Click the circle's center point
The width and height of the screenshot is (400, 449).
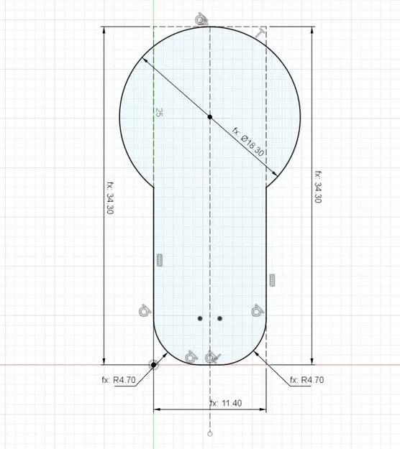pyautogui.click(x=209, y=116)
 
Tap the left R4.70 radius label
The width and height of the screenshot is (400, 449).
pyautogui.click(x=118, y=380)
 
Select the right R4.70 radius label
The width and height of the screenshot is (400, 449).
pyautogui.click(x=304, y=380)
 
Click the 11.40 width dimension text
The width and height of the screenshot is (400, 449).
pyautogui.click(x=227, y=403)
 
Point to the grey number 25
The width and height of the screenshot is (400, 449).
pyautogui.click(x=158, y=113)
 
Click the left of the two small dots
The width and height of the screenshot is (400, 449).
pyautogui.click(x=201, y=318)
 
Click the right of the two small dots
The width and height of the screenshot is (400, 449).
pyautogui.click(x=220, y=318)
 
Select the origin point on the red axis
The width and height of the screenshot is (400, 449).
pyautogui.click(x=153, y=365)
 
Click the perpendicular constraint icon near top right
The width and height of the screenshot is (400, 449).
pyautogui.click(x=260, y=34)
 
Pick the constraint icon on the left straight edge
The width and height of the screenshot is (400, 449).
pyautogui.click(x=160, y=260)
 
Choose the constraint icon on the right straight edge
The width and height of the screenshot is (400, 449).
pyautogui.click(x=272, y=279)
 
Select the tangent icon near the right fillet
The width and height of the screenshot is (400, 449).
pyautogui.click(x=256, y=310)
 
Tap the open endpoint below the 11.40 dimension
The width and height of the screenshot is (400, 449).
pyautogui.click(x=209, y=435)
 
